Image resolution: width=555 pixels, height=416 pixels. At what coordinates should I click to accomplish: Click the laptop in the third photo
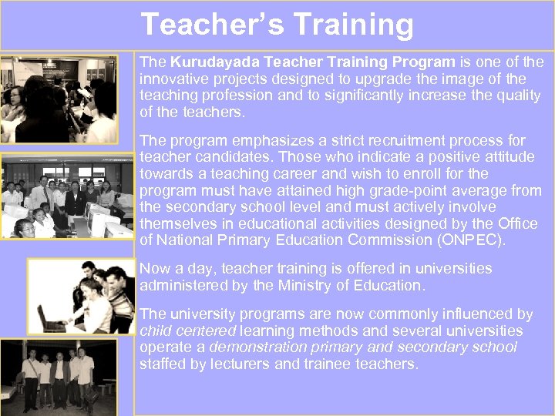(52, 317)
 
